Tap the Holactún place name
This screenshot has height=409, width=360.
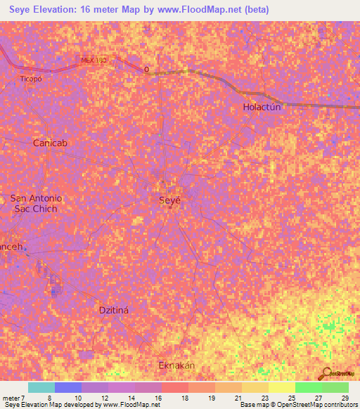pos(262,108)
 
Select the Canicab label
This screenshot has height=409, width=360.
pos(50,143)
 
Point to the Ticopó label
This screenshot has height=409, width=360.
pos(32,79)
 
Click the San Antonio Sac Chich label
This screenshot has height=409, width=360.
pos(36,204)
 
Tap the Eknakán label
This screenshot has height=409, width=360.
pos(176,366)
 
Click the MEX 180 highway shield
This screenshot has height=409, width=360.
pos(94,60)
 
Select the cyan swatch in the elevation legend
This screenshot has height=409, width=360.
pos(41,387)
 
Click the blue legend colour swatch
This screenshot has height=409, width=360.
pos(67,387)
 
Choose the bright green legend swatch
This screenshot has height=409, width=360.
pos(308,387)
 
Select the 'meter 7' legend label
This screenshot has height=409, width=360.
pos(13,397)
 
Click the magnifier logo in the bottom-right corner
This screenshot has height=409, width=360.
pos(326,372)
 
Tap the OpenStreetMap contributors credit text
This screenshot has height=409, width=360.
pos(309,405)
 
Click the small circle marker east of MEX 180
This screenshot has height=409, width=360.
pos(146,69)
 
